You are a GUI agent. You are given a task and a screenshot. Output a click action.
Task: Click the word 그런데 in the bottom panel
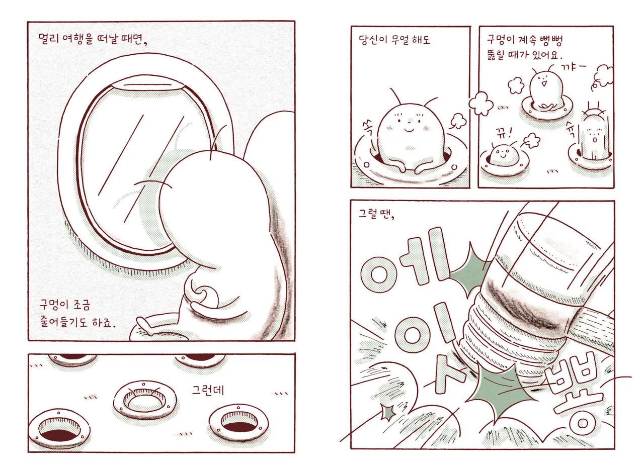[x=208, y=390]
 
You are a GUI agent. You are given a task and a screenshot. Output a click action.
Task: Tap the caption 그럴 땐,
[x=376, y=214]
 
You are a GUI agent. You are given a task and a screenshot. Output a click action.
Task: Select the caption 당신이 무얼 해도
[x=394, y=40]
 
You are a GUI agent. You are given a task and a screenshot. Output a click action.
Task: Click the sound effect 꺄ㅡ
[x=573, y=67]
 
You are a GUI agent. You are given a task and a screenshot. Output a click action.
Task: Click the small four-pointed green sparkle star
[x=388, y=412]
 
